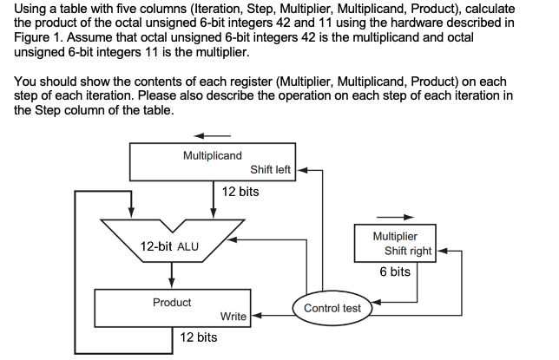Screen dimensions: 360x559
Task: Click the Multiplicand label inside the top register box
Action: pos(213,155)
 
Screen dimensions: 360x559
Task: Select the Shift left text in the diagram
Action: pos(270,169)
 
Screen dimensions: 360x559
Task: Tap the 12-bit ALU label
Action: pos(169,246)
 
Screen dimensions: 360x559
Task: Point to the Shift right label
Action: pos(407,251)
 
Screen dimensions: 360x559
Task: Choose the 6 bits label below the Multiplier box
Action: pos(395,272)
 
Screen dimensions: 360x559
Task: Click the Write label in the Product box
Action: pos(233,317)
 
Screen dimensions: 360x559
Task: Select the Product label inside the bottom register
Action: pos(172,303)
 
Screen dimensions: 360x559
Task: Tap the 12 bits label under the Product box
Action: pos(198,337)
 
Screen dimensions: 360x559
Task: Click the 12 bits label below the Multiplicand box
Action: pos(240,191)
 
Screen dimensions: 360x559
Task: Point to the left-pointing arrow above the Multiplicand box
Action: pos(212,135)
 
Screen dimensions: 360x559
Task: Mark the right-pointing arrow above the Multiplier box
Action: pos(395,217)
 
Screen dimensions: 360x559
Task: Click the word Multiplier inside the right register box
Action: pos(395,236)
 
